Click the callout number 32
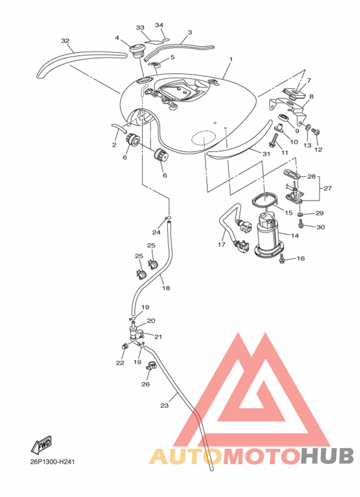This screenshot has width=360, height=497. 65,41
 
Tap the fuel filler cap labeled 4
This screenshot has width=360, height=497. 137,50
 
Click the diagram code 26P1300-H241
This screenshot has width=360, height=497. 48,462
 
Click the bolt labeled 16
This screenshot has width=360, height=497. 282,259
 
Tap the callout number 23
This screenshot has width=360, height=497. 164,405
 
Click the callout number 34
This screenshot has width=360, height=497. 159,25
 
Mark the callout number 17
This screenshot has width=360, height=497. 222,244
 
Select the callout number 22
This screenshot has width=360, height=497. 120,363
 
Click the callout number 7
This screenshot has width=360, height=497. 309,81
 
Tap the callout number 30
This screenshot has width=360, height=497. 321,227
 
